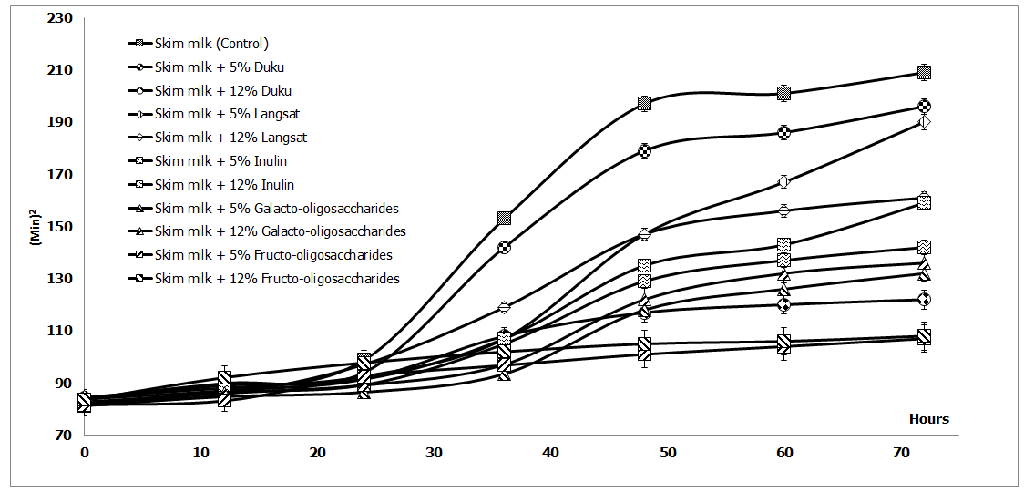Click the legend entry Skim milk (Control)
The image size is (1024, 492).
point(211,44)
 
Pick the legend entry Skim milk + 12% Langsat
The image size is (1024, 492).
point(230,138)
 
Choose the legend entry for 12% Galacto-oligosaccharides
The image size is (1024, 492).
point(280,231)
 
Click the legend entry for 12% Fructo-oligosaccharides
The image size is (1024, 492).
point(277,279)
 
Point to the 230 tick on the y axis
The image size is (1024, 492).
point(60,17)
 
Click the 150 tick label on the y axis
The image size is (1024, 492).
point(60,227)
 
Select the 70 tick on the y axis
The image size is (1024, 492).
point(63,436)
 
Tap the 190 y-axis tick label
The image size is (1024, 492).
point(60,122)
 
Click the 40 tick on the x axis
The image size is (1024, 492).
point(550,453)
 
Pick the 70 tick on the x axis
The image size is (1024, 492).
point(900,453)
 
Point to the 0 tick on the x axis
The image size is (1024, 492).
point(85,453)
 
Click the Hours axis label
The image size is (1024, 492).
point(928,420)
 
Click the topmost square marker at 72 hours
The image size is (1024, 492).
point(924,73)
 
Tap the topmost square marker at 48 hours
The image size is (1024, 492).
point(645,103)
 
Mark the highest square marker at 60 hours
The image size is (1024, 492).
point(783,93)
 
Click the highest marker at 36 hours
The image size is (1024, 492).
point(504,219)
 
